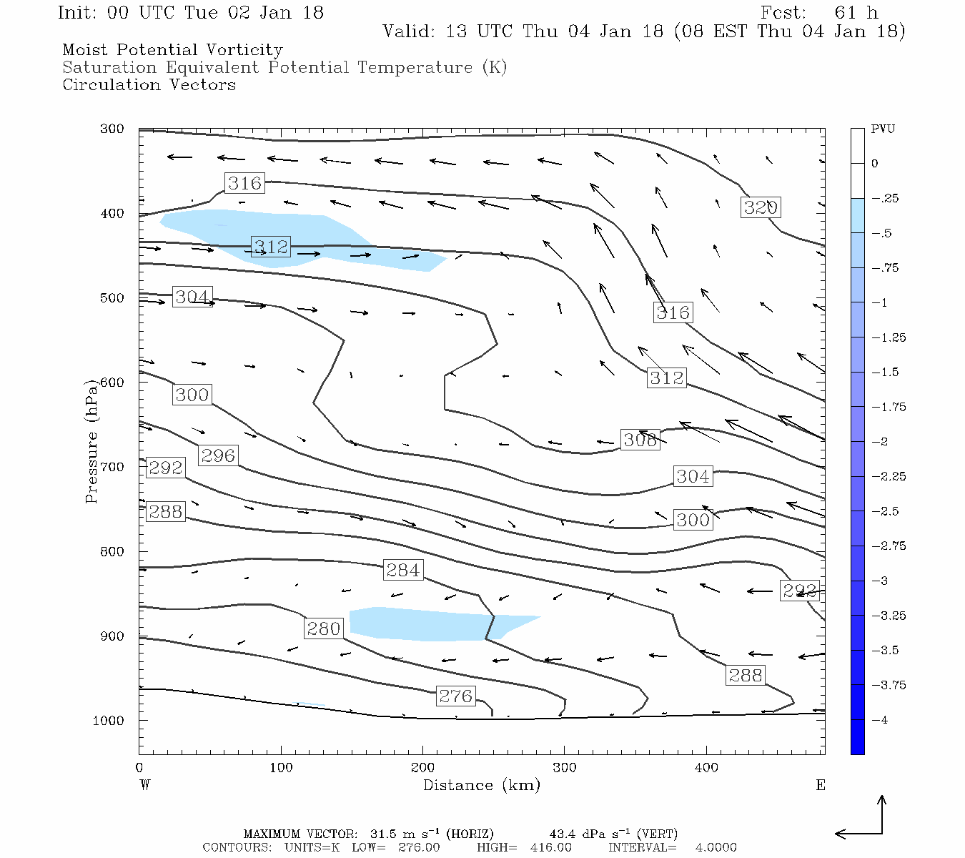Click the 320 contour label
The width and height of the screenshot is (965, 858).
pos(760,207)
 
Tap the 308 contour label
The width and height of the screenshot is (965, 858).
pos(640,440)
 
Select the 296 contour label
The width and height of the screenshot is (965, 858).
pos(218,455)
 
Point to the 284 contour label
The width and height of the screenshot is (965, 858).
pos(403,570)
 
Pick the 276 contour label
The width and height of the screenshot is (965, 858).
pos(456,696)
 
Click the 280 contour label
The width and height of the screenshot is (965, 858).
pos(323,628)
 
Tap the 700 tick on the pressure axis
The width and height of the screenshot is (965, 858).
pos(112,467)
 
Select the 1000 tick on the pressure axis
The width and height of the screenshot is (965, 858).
pos(109,721)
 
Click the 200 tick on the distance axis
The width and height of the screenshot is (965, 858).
pos(422,768)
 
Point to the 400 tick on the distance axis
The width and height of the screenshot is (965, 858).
pos(706,768)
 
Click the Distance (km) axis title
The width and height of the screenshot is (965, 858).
pos(481,785)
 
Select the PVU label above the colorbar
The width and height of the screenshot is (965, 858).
pos(883,129)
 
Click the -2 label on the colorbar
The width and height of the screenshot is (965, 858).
pos(881,442)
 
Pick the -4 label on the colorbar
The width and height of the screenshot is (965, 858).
pos(881,720)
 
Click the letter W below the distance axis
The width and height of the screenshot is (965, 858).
pos(145,785)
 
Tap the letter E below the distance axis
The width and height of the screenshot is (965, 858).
pos(821,785)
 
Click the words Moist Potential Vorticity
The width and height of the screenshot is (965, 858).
pos(172,50)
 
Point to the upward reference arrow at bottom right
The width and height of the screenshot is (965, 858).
pos(882,814)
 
